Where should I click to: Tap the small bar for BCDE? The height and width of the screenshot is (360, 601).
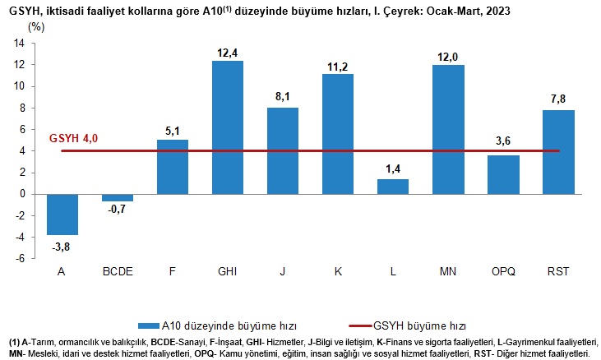click(x=118, y=197)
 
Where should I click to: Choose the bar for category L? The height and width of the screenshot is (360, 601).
click(x=393, y=187)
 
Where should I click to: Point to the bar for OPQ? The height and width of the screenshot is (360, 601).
click(x=503, y=174)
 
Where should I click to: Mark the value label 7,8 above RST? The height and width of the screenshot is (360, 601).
click(x=558, y=100)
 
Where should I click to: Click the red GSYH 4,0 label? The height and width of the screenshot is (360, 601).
click(x=73, y=138)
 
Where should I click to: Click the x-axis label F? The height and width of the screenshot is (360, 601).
click(x=173, y=271)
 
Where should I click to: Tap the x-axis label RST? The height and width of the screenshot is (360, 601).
click(x=558, y=271)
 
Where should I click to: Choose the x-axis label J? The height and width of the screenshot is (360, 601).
click(x=283, y=271)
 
